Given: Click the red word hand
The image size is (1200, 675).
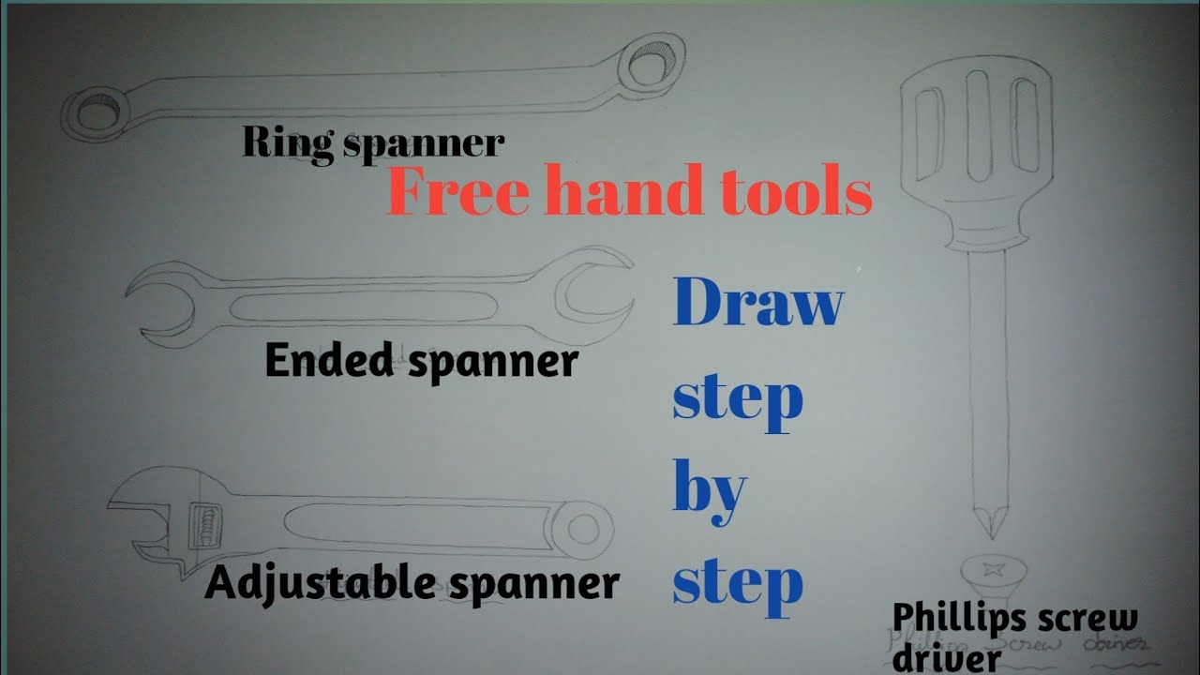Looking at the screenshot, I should pyautogui.click(x=633, y=192).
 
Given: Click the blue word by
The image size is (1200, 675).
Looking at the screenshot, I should pyautogui.click(x=710, y=489).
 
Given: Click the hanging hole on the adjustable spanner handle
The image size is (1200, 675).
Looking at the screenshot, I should pyautogui.click(x=583, y=531).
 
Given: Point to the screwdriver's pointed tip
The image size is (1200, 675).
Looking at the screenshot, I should pyautogui.click(x=988, y=521).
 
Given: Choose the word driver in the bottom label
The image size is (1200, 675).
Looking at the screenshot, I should pyautogui.click(x=946, y=658).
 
